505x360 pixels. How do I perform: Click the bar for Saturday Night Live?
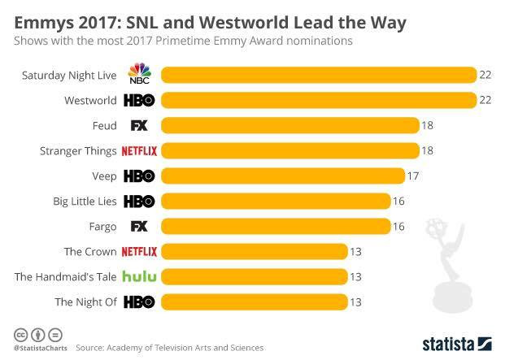click(317, 75)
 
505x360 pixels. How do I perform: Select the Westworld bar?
click(317, 100)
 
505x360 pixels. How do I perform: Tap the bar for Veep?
click(283, 176)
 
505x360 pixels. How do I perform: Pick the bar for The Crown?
click(255, 251)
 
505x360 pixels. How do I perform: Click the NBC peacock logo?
click(140, 73)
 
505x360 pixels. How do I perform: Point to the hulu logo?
click(139, 276)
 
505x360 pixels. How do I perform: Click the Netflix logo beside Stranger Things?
click(139, 150)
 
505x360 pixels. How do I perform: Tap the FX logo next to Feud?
click(139, 125)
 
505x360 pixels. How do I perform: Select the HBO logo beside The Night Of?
click(139, 301)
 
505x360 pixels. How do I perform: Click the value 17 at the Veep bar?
click(413, 176)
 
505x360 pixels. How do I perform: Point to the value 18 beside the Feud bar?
click(428, 125)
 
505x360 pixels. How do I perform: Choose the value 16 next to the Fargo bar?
click(398, 226)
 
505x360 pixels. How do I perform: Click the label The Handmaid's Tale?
click(66, 276)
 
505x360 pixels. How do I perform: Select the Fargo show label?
click(103, 226)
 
